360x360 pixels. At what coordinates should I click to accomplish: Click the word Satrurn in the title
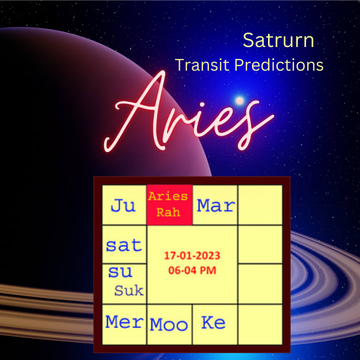[x=278, y=40]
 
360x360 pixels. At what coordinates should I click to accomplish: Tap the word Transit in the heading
[x=202, y=65]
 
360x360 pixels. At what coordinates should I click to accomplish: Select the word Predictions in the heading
[x=279, y=65]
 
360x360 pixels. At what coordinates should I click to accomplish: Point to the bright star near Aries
[x=239, y=100]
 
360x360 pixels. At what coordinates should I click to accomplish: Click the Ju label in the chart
[x=123, y=205]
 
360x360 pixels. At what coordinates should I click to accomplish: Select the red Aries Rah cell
[x=169, y=204]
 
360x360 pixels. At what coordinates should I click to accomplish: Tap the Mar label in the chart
[x=216, y=205]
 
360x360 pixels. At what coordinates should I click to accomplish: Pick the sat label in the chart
[x=124, y=245]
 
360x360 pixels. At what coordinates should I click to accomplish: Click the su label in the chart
[x=120, y=272]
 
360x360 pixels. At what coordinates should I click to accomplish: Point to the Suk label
[x=129, y=290]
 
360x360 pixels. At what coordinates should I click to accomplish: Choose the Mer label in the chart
[x=124, y=322]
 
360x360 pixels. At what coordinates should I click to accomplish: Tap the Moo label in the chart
[x=169, y=324]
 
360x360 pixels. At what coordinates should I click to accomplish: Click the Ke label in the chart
[x=213, y=322]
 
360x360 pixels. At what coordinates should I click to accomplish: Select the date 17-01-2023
[x=192, y=255]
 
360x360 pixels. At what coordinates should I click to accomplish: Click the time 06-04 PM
[x=192, y=270]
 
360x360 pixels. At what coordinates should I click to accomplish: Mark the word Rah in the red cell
[x=168, y=212]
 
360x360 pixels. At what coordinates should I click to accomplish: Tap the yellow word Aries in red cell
[x=168, y=196]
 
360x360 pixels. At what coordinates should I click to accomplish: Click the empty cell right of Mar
[x=260, y=204]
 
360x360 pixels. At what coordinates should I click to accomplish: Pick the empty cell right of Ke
[x=260, y=324]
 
